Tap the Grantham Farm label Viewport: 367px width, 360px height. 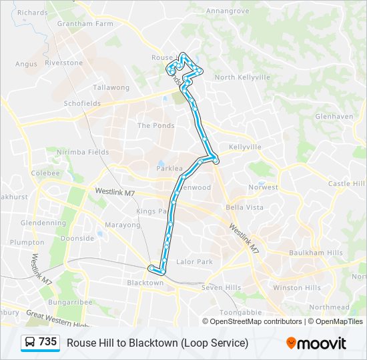pos(85,24)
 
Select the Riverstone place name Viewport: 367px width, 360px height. pos(64,63)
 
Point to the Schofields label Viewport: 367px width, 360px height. pos(82,104)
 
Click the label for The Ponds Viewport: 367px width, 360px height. pos(155,125)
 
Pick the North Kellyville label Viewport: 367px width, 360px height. pos(242,77)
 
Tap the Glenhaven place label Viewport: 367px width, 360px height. pos(334,116)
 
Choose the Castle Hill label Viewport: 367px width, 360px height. pos(347,184)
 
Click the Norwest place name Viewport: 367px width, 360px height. pos(263,187)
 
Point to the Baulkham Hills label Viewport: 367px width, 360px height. pos(316,253)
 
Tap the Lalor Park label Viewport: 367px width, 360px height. pos(194,262)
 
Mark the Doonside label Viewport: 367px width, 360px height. pos(77,238)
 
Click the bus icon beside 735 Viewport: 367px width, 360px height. pos(31,343)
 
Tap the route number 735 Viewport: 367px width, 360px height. pos(48,342)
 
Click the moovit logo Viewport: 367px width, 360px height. pos(316,343)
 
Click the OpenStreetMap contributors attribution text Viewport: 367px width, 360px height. pos(256,321)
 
